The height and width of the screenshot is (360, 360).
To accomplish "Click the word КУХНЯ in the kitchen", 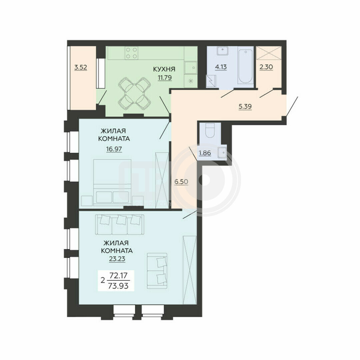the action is [x=164, y=69].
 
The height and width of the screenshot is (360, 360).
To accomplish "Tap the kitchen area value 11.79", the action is [x=165, y=78].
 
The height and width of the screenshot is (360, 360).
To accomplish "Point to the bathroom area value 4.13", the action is [x=221, y=67].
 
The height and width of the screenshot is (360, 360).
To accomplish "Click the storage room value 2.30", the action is [x=266, y=67].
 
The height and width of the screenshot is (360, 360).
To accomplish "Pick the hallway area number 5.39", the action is [x=245, y=107].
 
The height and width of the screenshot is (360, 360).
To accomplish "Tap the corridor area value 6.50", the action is [x=181, y=182].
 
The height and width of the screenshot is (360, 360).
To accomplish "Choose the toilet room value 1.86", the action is [x=205, y=153].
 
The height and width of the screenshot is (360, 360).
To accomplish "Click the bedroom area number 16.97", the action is [x=114, y=149].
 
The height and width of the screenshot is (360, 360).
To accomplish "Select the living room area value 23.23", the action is [x=117, y=259].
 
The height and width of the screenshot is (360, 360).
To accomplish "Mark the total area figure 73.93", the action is [x=119, y=286].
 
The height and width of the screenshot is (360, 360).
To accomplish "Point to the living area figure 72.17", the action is [x=119, y=275].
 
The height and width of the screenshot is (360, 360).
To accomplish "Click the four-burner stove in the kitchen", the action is [x=132, y=53].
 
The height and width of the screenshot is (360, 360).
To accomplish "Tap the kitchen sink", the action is [x=191, y=67].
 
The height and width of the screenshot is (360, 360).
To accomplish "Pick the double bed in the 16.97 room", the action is [x=112, y=182].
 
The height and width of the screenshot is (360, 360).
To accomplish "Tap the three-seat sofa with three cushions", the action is [x=120, y=225].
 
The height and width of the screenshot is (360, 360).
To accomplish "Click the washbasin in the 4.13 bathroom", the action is [x=222, y=51].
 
